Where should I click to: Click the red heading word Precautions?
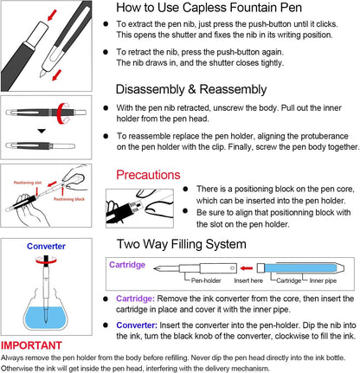coord(148,175)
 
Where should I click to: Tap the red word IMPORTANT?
coord(31,345)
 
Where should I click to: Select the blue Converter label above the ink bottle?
coord(46,246)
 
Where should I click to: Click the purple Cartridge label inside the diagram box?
coord(127,265)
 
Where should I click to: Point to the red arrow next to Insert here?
coord(247,268)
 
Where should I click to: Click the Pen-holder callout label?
coord(206,280)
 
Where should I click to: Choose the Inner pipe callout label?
coord(323,280)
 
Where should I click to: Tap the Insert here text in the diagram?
coord(248,280)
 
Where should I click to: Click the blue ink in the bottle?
coord(46,318)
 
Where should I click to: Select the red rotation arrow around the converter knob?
coord(46,260)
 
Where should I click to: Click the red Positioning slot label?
coord(28,183)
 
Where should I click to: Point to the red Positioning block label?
coord(69,199)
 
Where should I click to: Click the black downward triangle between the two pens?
coord(42,131)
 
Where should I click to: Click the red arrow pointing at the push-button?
coord(52,16)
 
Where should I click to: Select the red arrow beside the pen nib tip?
coord(57,75)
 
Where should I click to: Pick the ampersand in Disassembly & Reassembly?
coord(192,89)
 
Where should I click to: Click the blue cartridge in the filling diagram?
coord(300,267)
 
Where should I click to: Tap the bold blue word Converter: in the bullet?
coord(137,325)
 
